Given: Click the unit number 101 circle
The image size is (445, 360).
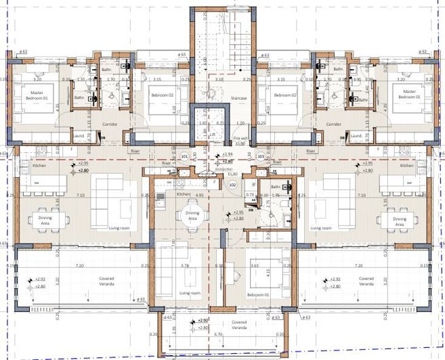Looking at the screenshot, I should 185,157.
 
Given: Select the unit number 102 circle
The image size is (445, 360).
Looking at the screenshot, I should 232,183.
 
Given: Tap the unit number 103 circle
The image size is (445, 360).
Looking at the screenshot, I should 261,157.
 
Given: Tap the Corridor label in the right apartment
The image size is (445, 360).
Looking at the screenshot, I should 333,125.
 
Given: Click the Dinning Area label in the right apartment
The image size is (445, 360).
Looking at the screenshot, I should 399,221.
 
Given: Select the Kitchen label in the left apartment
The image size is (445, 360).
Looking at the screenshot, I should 38,165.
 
